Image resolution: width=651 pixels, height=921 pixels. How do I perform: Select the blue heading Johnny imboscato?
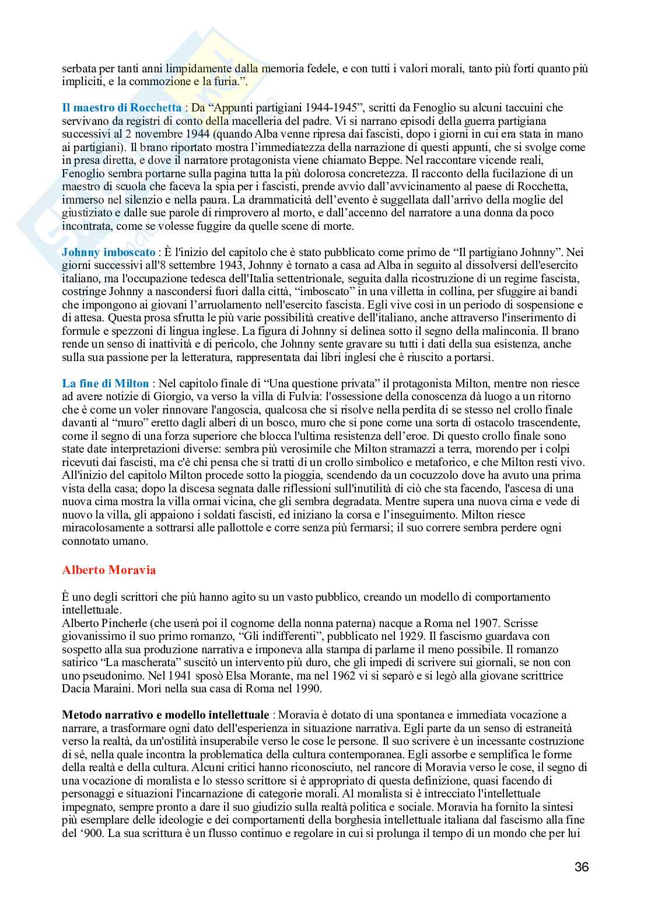(108, 253)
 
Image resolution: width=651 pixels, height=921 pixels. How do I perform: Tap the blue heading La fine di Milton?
(106, 383)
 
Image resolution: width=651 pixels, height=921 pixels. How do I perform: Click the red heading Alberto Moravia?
(108, 570)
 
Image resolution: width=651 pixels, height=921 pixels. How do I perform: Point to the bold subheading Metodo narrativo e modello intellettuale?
(166, 715)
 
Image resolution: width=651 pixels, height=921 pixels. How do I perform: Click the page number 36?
(581, 867)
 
